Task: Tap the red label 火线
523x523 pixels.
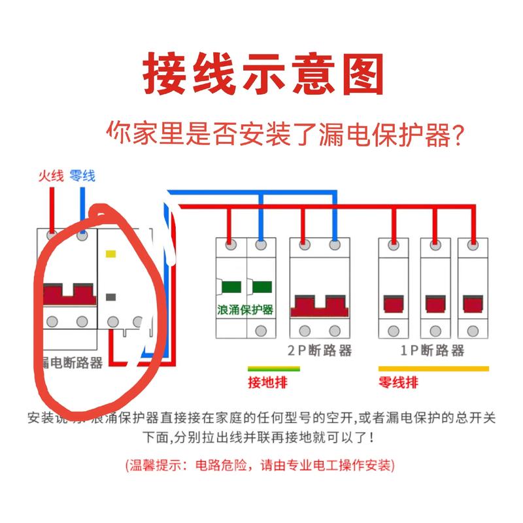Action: click(50, 175)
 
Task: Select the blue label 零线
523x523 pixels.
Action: click(82, 175)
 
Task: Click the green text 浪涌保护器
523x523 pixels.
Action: click(245, 309)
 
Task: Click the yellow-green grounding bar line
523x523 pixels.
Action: click(274, 369)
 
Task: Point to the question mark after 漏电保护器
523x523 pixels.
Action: click(460, 135)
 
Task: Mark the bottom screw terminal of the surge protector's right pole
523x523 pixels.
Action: click(261, 330)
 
